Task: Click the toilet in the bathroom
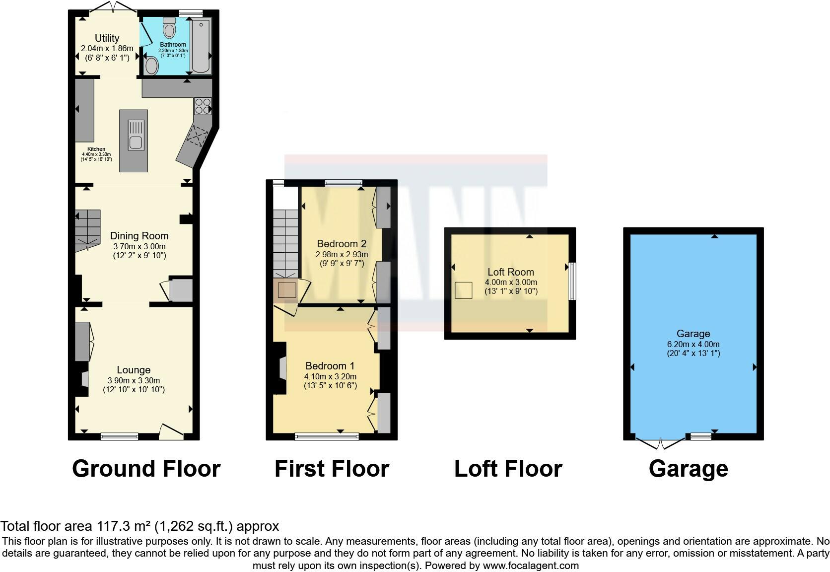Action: point(169,28)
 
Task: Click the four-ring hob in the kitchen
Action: point(203,106)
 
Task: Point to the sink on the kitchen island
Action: point(136,135)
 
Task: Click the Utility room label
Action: point(107,38)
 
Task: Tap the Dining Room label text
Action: point(139,236)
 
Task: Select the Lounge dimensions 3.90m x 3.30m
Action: point(134,380)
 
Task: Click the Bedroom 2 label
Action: point(342,244)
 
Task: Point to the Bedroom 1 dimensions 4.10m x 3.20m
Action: point(330,376)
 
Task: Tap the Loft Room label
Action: point(510,272)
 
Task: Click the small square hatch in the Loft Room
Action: point(464,290)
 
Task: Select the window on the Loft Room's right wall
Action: point(572,281)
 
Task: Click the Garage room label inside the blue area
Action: point(693,334)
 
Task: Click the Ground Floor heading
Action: point(146,469)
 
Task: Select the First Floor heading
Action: point(332,469)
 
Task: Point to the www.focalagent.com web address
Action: point(530,566)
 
